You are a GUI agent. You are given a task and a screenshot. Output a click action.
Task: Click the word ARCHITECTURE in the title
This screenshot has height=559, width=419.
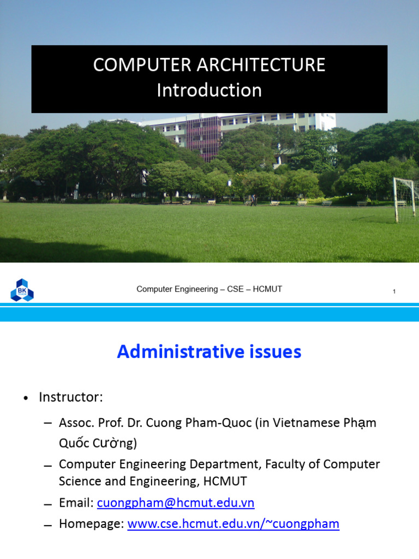pos(261,65)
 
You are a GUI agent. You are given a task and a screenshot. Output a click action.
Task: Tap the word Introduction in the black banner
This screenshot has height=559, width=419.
pos(209,90)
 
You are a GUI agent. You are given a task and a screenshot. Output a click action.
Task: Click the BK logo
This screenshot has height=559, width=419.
pos(22,290)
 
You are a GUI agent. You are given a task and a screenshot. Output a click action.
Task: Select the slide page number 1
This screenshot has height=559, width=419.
pos(394,292)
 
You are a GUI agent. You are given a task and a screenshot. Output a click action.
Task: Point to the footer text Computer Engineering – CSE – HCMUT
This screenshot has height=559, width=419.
pos(209,289)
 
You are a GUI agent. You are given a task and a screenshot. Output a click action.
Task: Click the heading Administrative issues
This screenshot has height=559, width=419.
pos(209,352)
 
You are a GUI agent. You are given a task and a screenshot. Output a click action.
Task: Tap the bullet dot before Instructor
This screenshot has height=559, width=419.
pos(26,398)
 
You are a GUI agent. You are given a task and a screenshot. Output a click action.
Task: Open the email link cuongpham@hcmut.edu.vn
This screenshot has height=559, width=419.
pos(176,503)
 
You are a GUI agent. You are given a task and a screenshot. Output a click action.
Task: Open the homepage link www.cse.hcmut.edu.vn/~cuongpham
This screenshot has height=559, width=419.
pos(234,524)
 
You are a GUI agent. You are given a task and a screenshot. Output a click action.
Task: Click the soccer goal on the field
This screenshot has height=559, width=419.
pos(405,199)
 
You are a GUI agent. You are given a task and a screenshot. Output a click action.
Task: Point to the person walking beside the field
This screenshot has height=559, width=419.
pos(253,200)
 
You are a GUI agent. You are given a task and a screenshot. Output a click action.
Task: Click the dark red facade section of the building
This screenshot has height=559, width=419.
pos(203,137)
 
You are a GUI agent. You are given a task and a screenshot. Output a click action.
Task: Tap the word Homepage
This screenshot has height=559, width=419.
pos(91,524)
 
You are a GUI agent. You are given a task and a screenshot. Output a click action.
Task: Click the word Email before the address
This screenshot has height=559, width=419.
pos(76,503)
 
